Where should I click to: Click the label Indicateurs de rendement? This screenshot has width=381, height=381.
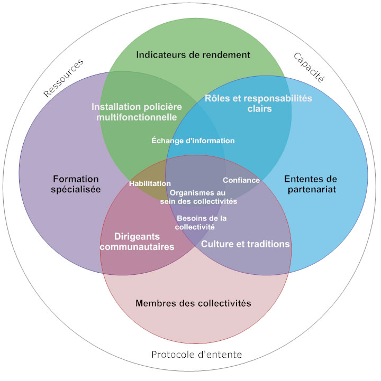[x=193, y=54]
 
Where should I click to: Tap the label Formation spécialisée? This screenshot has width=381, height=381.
[x=76, y=184]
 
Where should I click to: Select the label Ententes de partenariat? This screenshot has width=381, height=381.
[x=310, y=184]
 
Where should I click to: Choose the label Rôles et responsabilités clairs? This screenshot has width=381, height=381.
[x=259, y=104]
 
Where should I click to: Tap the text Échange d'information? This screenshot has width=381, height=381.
[x=193, y=141]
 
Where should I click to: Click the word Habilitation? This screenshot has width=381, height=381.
[x=150, y=183]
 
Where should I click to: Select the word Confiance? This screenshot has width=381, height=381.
[x=241, y=180]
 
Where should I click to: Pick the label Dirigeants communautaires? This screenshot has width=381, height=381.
[x=144, y=241]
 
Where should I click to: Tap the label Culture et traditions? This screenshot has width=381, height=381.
[x=246, y=244]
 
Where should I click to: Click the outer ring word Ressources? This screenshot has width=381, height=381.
[x=63, y=78]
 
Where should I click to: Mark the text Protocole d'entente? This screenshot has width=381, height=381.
[x=197, y=354]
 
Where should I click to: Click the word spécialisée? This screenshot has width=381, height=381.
[x=76, y=189]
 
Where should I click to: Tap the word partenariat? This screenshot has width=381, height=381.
[x=310, y=189]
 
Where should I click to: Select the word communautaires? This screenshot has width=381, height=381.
[x=144, y=247]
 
